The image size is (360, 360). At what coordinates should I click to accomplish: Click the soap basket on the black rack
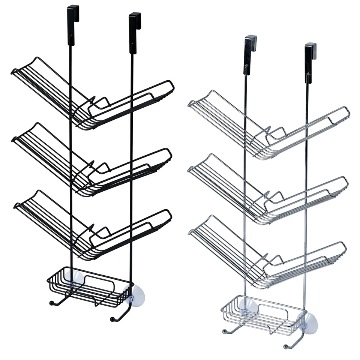tap(90, 287)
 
